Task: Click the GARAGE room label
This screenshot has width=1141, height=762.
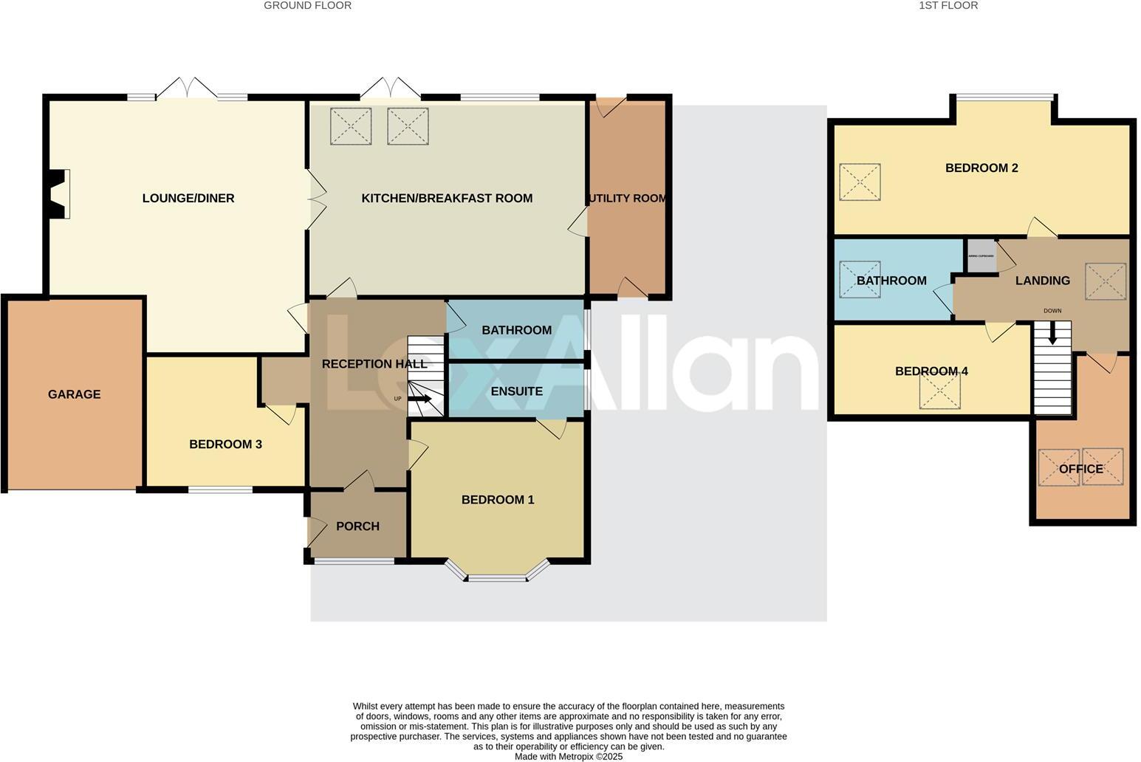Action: pyautogui.click(x=74, y=394)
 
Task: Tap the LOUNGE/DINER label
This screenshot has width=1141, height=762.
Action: pyautogui.click(x=188, y=198)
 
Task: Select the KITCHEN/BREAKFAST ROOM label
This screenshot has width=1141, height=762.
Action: pyautogui.click(x=447, y=198)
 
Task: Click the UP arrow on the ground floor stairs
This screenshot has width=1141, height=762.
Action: pyautogui.click(x=421, y=399)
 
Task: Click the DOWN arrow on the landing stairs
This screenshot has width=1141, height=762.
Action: pyautogui.click(x=1053, y=334)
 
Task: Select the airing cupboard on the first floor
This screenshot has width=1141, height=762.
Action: pyautogui.click(x=981, y=256)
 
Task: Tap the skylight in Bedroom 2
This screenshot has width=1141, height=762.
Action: pyautogui.click(x=860, y=182)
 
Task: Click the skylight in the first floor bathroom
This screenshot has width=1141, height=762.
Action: pyautogui.click(x=860, y=280)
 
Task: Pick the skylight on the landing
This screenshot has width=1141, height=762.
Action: pyautogui.click(x=1105, y=281)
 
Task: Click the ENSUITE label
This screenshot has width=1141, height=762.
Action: pyautogui.click(x=517, y=391)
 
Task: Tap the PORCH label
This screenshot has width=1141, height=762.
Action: pyautogui.click(x=357, y=526)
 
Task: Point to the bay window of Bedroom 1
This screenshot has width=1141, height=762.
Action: pyautogui.click(x=497, y=575)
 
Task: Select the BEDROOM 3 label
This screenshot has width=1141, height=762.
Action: pyautogui.click(x=225, y=444)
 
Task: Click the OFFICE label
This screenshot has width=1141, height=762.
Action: pyautogui.click(x=1081, y=469)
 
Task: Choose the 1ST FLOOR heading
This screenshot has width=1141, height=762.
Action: pyautogui.click(x=948, y=6)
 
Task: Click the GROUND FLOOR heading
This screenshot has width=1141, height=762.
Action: pyautogui.click(x=307, y=6)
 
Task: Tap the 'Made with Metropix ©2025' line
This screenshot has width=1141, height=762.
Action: pyautogui.click(x=569, y=756)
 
